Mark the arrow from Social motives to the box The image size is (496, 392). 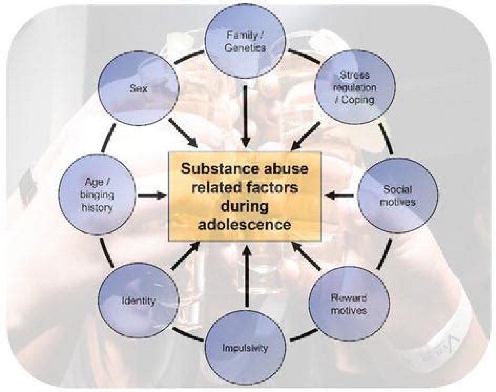(340, 195)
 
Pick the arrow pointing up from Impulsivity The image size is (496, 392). (247, 278)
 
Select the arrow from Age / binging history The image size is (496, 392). (152, 196)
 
